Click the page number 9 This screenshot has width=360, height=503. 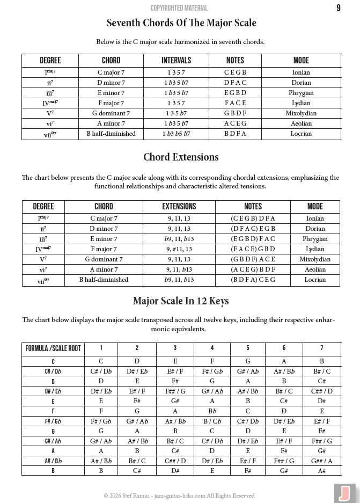click(338, 8)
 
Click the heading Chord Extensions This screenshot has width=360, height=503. click(181, 157)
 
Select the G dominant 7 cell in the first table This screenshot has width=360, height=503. click(111, 113)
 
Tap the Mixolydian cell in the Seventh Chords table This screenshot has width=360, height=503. click(301, 113)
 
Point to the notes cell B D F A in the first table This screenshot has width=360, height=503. click(235, 134)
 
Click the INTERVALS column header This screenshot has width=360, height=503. click(176, 61)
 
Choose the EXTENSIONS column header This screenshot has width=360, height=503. click(179, 206)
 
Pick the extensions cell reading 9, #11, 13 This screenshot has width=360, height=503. click(179, 249)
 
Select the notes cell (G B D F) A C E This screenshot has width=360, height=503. click(253, 259)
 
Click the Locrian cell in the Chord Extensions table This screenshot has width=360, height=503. click(315, 280)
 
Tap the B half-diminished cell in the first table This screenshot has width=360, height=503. click(111, 134)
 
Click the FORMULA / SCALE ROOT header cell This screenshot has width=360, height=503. click(53, 348)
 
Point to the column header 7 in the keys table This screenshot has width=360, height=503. click(321, 348)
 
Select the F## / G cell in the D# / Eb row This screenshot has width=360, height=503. click(175, 391)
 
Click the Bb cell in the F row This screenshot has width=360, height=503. click(212, 411)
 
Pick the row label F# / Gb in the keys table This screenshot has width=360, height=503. click(53, 421)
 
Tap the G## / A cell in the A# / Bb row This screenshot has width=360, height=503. click(321, 461)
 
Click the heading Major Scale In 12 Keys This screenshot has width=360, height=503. click(181, 301)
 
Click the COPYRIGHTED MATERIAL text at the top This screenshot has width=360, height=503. click(179, 8)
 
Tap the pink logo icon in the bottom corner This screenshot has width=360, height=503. click(344, 493)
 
